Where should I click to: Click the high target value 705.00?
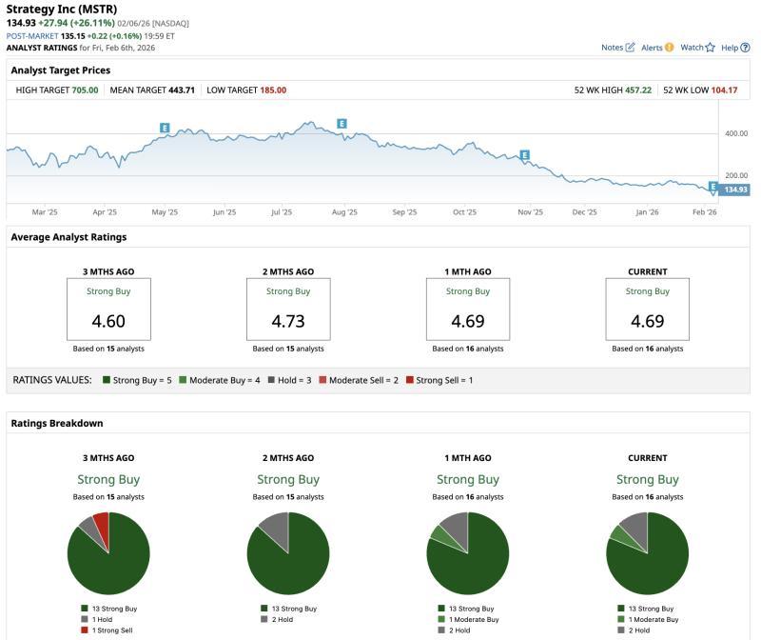(x=85, y=90)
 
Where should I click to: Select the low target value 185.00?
(x=273, y=90)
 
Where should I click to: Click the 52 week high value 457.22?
(x=637, y=90)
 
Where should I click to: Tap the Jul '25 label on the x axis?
(x=282, y=212)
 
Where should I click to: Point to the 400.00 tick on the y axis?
(x=736, y=133)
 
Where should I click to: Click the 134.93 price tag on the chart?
(x=735, y=190)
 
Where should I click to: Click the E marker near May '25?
(x=165, y=128)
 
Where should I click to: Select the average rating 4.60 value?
(x=108, y=321)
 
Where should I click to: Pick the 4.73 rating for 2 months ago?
(x=288, y=321)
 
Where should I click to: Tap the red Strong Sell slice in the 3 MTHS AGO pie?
(x=101, y=525)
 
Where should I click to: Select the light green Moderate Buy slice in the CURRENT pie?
(x=620, y=536)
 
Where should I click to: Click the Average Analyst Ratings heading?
(x=68, y=237)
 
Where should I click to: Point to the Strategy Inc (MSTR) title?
(x=62, y=9)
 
